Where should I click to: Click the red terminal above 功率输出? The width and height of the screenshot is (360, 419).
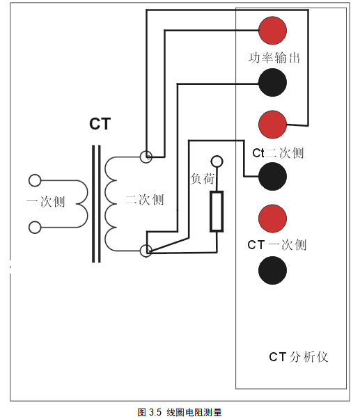click(272, 31)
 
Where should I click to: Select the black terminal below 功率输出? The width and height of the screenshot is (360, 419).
click(272, 82)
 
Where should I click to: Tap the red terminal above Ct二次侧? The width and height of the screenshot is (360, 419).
click(272, 125)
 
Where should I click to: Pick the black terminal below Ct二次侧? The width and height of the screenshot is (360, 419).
click(272, 176)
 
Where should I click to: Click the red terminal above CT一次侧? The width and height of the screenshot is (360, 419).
click(272, 219)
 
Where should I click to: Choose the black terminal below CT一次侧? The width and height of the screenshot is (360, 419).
click(272, 270)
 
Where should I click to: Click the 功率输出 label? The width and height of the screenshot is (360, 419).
click(274, 58)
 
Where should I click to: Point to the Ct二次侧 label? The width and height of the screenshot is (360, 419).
click(278, 153)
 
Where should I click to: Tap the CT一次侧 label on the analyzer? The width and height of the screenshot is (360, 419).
click(277, 245)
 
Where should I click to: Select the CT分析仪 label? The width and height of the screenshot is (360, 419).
click(299, 357)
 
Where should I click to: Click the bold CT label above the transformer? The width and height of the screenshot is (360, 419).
click(100, 124)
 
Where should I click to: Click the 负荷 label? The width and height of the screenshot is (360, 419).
click(203, 178)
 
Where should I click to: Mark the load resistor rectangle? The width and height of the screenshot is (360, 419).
click(217, 211)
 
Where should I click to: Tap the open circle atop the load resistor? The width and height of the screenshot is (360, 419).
click(217, 161)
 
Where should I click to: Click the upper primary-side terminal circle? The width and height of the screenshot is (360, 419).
click(35, 180)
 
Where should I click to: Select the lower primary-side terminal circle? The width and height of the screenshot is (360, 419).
click(35, 228)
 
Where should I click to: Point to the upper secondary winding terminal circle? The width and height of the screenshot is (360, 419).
click(146, 157)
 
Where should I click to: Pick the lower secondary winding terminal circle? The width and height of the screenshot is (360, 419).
click(146, 251)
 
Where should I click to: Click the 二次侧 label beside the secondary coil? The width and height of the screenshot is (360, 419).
click(144, 200)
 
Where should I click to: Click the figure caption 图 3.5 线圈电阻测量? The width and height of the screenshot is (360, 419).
click(180, 412)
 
